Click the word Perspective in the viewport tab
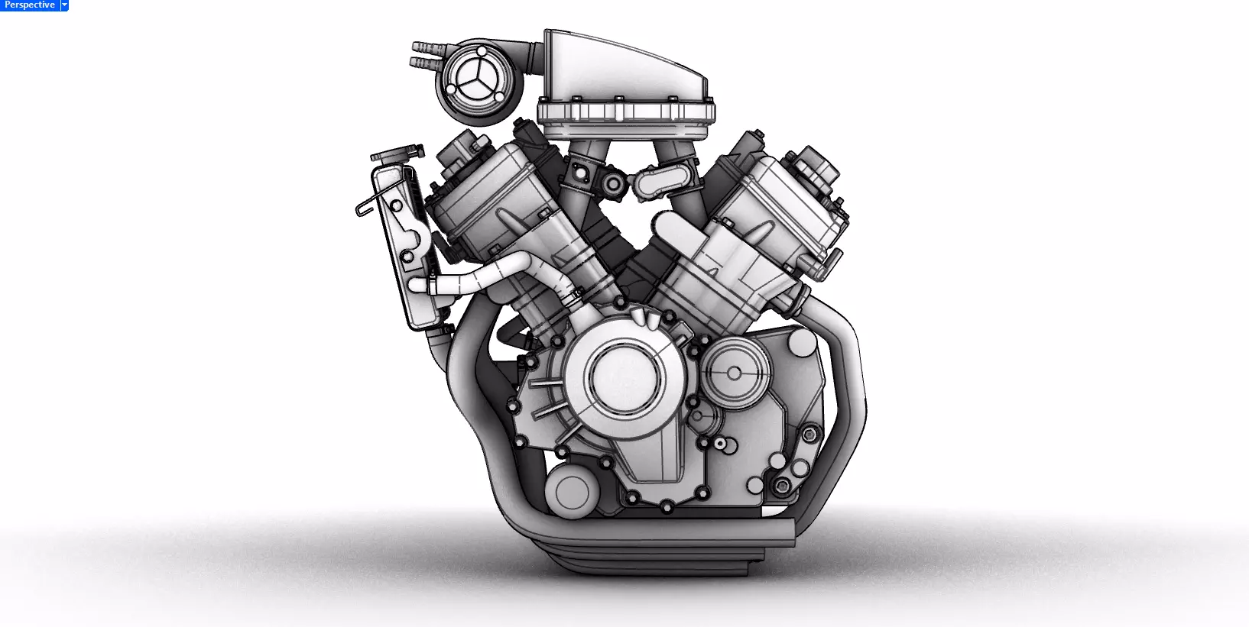pyautogui.click(x=29, y=5)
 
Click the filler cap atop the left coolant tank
pyautogui.click(x=397, y=154)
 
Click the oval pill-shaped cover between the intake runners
pyautogui.click(x=657, y=183)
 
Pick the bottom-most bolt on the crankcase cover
pyautogui.click(x=667, y=506)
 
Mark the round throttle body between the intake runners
pyautogui.click(x=613, y=184)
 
